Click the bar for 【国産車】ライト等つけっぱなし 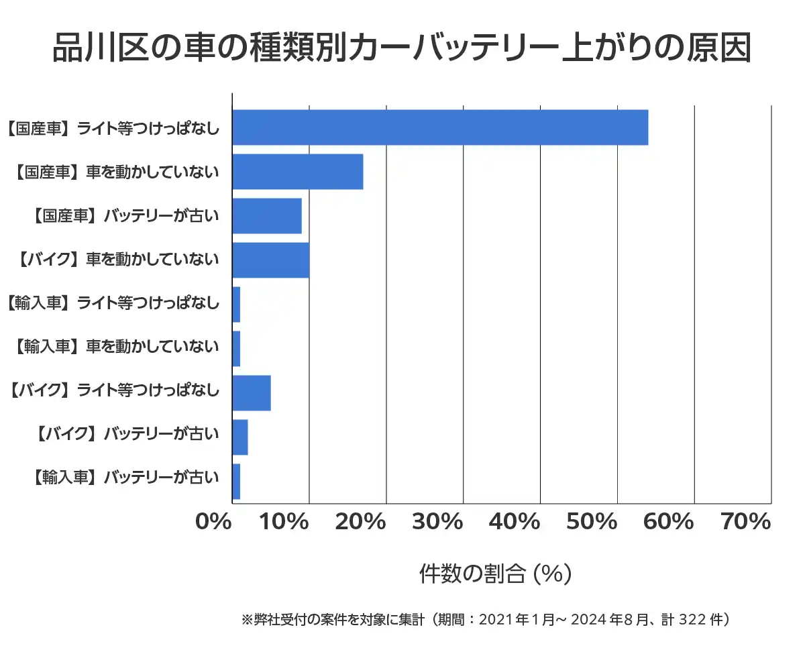(x=440, y=127)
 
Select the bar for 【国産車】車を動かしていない (x=298, y=172)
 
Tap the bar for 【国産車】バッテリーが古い (x=267, y=216)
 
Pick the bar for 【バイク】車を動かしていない (x=271, y=260)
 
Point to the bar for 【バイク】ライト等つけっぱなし (x=252, y=393)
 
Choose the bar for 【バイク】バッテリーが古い (x=240, y=437)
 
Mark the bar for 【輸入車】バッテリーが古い (x=236, y=482)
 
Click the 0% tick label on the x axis (x=213, y=521)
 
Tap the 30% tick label (x=437, y=521)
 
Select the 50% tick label (x=592, y=521)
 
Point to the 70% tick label (x=746, y=521)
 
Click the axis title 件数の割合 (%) (x=495, y=574)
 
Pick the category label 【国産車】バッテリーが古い (x=125, y=216)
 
